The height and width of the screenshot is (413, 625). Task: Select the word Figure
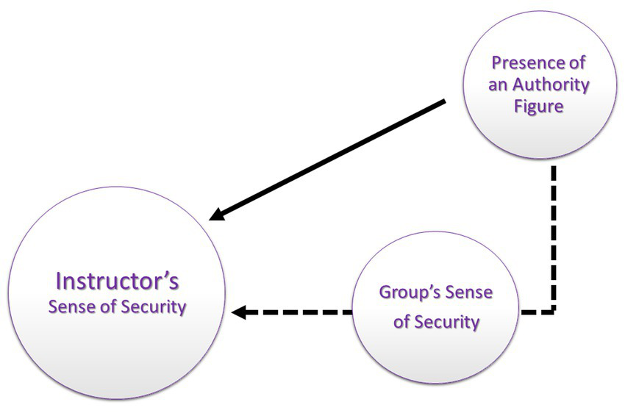coord(539,106)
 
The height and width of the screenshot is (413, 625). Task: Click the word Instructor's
coord(118,281)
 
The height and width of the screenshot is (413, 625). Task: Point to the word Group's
coord(410,292)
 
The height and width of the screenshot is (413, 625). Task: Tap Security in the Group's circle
coord(446,321)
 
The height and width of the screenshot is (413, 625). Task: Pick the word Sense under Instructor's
coord(73,306)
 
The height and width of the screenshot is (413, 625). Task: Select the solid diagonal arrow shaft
coord(331,158)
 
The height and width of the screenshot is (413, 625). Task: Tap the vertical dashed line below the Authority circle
coord(554,235)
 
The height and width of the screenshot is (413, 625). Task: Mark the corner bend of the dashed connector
coord(554,312)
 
